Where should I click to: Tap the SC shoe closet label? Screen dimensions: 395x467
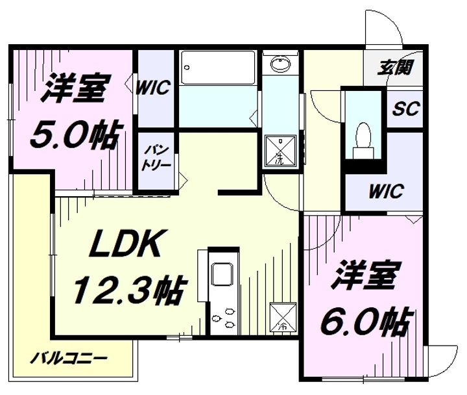pyautogui.click(x=403, y=107)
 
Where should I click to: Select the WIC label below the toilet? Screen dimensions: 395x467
pyautogui.click(x=386, y=192)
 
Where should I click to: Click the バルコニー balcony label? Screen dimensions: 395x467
pyautogui.click(x=70, y=358)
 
